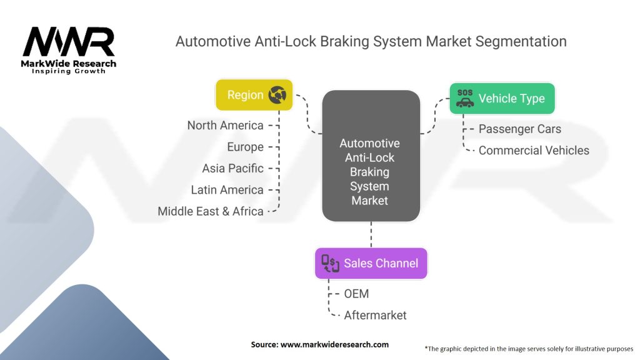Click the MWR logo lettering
69,41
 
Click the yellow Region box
254,95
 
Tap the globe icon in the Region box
277,95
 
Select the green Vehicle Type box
502,98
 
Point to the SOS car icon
465,98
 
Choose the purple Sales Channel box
371,263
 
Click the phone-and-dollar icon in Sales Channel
330,263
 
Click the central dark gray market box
371,156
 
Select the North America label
225,125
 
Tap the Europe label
245,147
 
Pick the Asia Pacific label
233,168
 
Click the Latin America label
227,190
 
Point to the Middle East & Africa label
211,211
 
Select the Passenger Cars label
520,129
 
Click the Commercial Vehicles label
534,151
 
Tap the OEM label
356,294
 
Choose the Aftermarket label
375,315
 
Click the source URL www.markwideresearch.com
335,344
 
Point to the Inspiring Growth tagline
69,71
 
